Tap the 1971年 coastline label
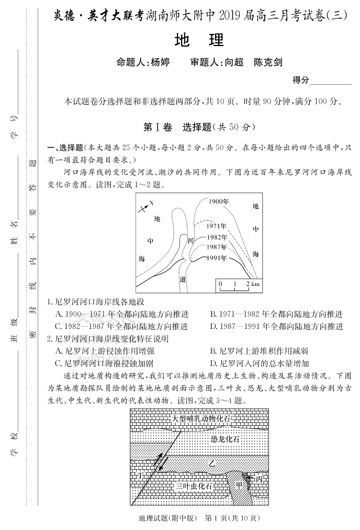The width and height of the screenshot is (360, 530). pyautogui.click(x=216, y=226)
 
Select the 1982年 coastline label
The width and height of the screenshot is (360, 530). pyautogui.click(x=216, y=237)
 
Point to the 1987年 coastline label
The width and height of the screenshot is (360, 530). pyautogui.click(x=216, y=247)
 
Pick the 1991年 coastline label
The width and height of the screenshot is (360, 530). pyautogui.click(x=216, y=258)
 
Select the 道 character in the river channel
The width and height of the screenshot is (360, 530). pyautogui.click(x=183, y=279)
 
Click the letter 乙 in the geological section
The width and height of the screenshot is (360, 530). pyautogui.click(x=211, y=463)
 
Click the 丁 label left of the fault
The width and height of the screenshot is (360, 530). pyautogui.click(x=140, y=475)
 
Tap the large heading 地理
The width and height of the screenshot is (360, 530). pyautogui.click(x=198, y=40)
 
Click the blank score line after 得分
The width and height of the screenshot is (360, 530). pyautogui.click(x=331, y=81)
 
